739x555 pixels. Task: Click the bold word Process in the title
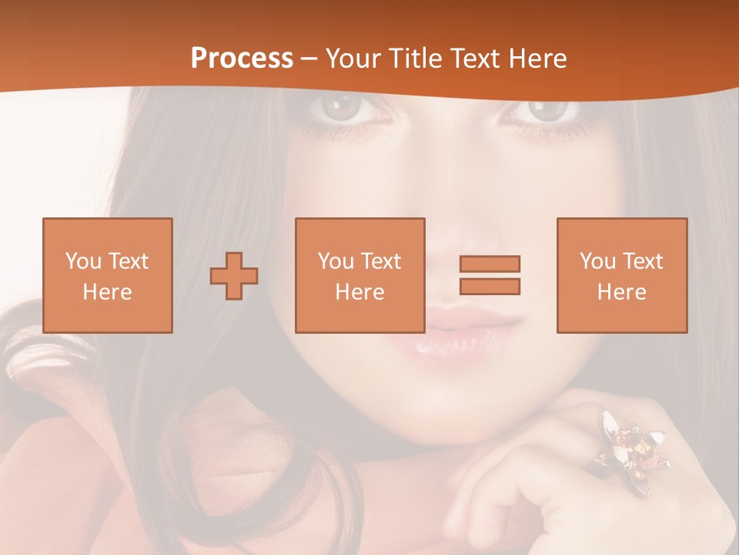click(x=242, y=59)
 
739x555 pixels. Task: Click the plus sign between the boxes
click(x=234, y=276)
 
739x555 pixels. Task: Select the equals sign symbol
click(x=490, y=275)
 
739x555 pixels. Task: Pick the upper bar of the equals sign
click(x=490, y=264)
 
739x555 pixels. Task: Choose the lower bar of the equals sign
click(x=490, y=286)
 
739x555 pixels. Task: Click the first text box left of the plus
click(x=107, y=275)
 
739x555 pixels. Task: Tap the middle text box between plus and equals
click(x=359, y=275)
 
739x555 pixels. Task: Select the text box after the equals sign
click(x=621, y=275)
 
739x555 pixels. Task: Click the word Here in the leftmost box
click(x=107, y=292)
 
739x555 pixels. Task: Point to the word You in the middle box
click(x=336, y=261)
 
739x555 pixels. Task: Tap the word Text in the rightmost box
click(x=642, y=261)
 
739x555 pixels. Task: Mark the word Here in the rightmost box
click(x=621, y=292)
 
